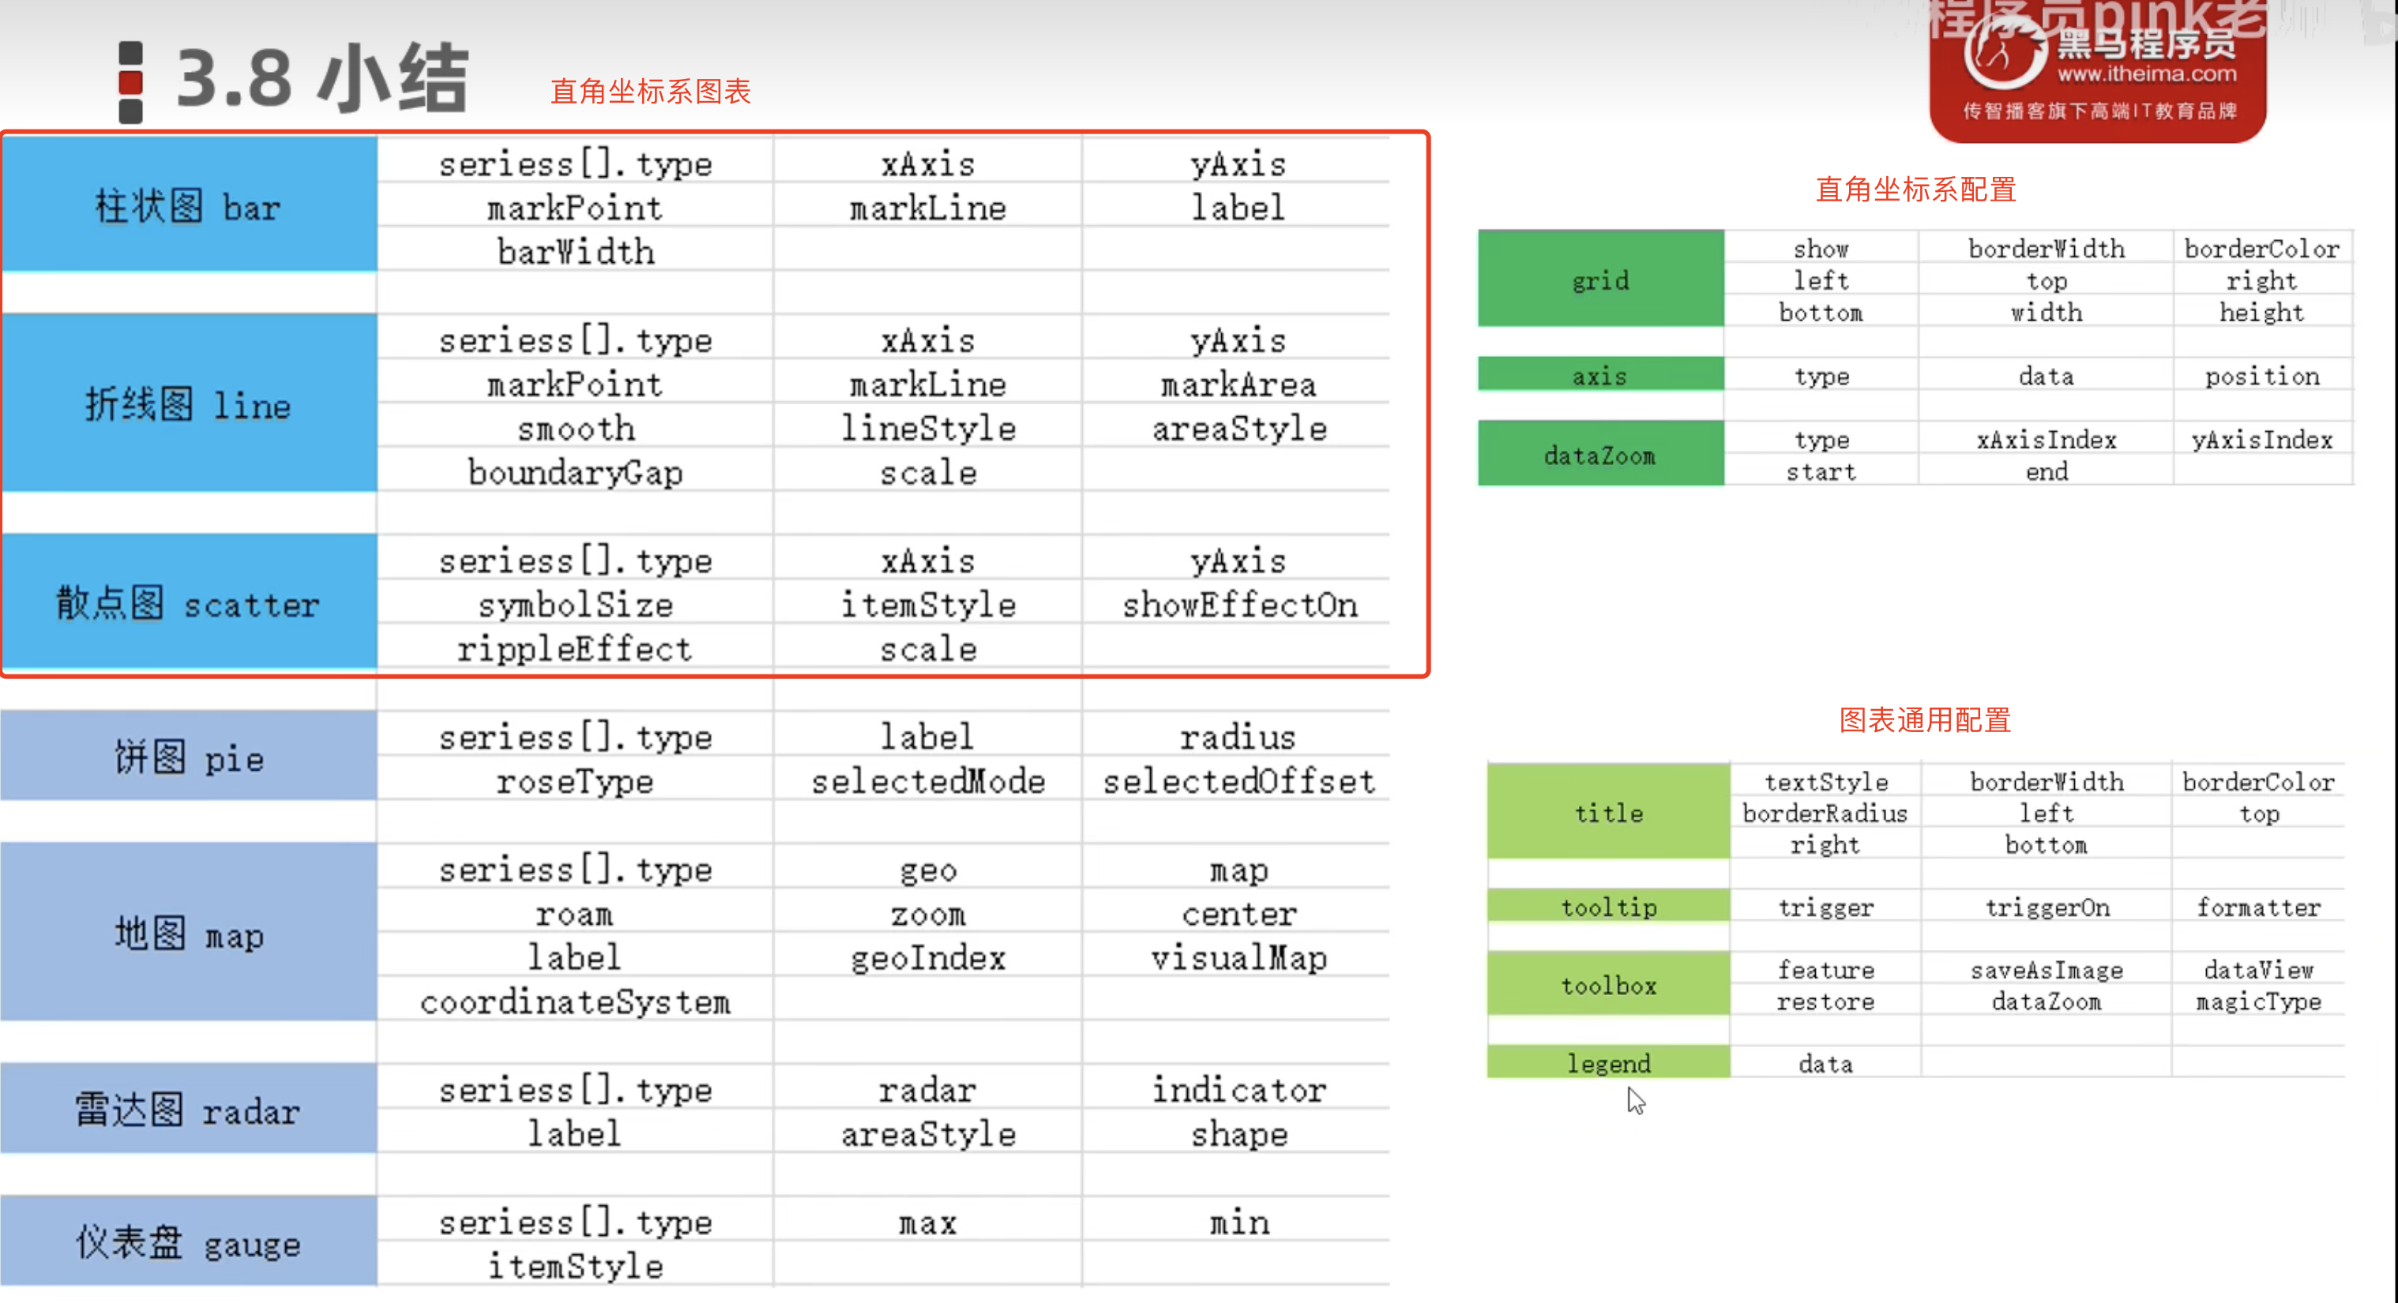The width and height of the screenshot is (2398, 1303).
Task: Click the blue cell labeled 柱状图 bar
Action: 190,205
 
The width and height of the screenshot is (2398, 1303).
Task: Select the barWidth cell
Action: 575,251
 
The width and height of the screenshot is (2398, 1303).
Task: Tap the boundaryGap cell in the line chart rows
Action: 575,472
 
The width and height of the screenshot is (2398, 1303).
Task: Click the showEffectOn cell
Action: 1239,605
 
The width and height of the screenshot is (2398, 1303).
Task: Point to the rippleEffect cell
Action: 575,648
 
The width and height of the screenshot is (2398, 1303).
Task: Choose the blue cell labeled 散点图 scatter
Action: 190,603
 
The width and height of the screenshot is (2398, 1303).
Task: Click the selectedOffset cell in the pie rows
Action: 1239,781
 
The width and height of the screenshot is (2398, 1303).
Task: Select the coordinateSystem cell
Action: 575,1001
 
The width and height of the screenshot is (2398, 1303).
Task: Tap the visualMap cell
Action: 1239,958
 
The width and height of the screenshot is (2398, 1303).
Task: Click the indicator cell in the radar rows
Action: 1239,1090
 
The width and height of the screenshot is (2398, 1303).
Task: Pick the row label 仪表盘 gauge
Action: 189,1241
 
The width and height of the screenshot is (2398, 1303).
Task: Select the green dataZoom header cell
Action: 1601,454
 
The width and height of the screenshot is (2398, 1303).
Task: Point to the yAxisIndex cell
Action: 2262,439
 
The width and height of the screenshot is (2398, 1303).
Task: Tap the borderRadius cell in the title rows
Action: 1825,813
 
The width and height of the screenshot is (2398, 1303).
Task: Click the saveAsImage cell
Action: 2046,970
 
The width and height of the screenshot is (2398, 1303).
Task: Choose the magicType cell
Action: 2258,1001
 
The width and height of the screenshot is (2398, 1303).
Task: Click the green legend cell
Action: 1609,1062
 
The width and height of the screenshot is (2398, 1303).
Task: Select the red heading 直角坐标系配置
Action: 1916,189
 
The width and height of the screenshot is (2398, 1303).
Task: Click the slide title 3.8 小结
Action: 321,78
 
